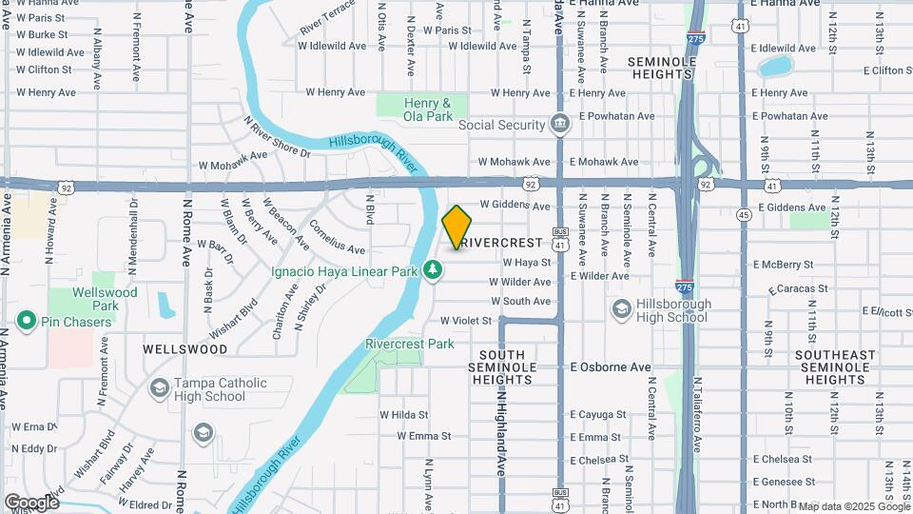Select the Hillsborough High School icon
(x=621, y=307)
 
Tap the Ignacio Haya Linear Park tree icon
(x=434, y=271)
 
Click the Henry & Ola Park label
(x=427, y=109)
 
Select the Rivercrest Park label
(x=410, y=344)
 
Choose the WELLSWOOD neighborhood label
(x=185, y=349)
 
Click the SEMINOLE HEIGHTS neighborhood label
(x=663, y=68)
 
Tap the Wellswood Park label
(x=107, y=299)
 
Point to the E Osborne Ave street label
(x=611, y=366)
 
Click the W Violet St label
(x=465, y=321)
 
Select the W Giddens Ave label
(x=515, y=205)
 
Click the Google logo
(x=31, y=502)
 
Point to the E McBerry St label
(x=783, y=265)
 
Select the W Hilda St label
(x=404, y=414)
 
